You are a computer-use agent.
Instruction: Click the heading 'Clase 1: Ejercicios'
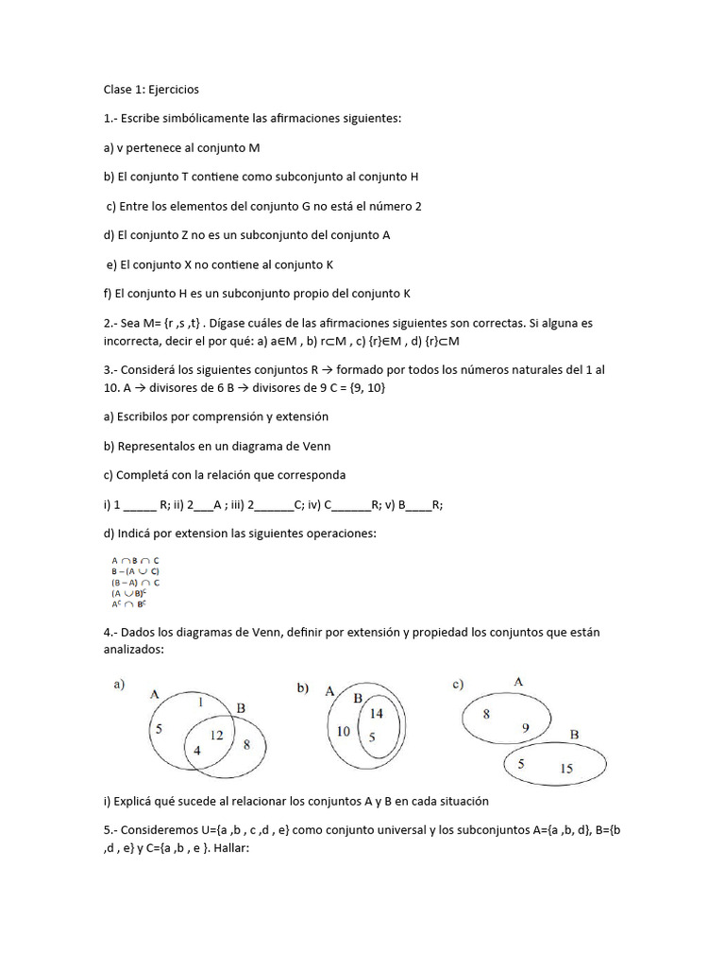tap(151, 90)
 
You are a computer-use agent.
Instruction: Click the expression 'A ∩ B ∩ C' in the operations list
tap(135, 560)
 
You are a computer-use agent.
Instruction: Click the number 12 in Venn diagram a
tap(216, 735)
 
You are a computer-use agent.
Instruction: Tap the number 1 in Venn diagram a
tap(199, 704)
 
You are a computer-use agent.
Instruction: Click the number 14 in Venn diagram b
tap(377, 714)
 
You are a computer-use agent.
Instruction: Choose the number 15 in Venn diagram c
tap(565, 769)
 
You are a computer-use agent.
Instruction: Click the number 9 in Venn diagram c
tap(526, 727)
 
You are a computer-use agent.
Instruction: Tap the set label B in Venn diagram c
tap(574, 733)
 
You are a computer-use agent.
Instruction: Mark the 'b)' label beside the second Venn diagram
tap(303, 689)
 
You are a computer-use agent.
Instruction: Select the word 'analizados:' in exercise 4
tap(135, 650)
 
